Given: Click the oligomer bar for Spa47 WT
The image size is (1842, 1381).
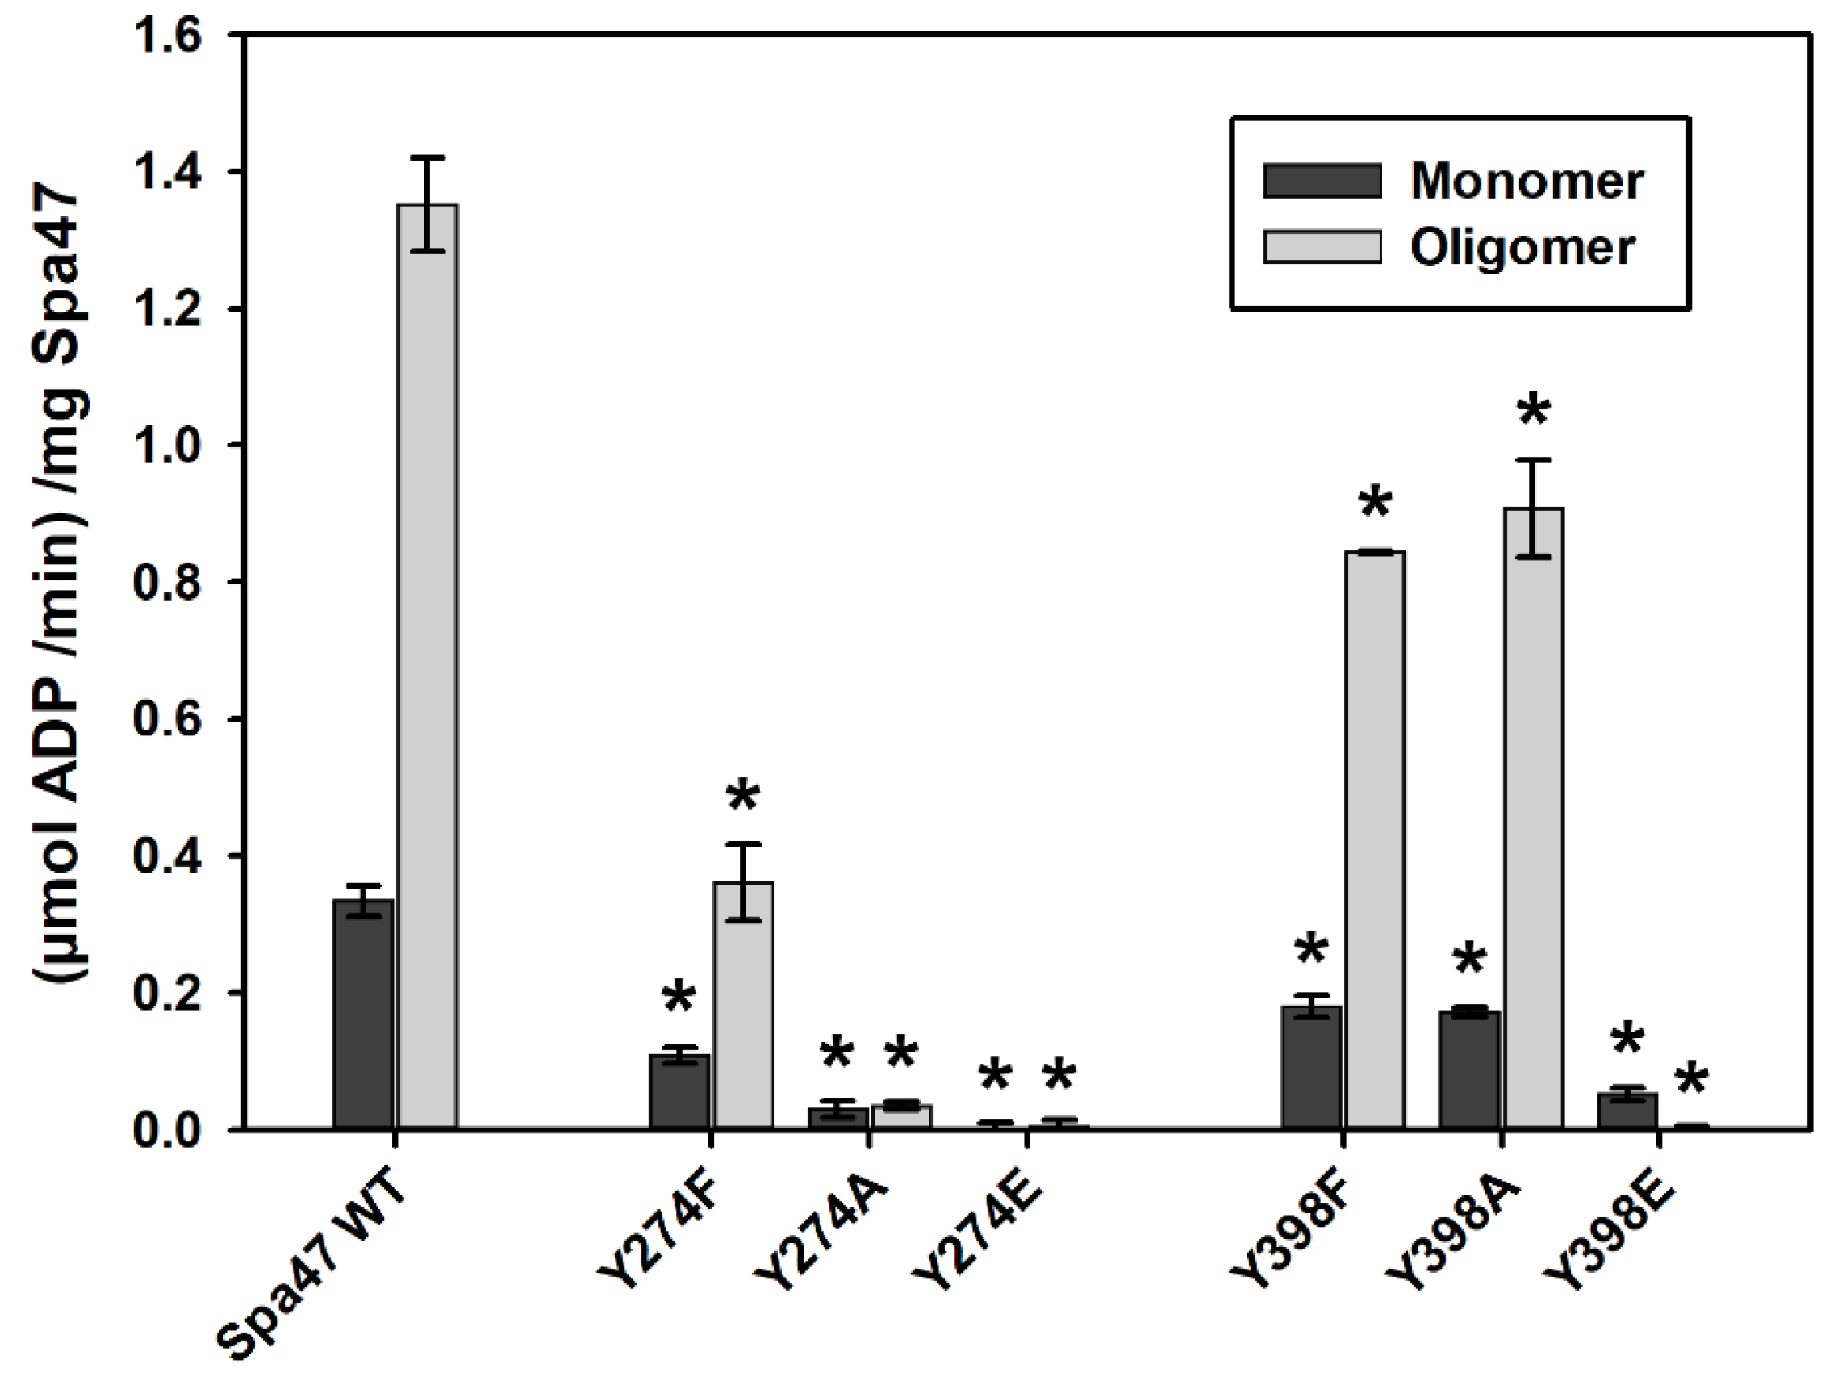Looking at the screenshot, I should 428,667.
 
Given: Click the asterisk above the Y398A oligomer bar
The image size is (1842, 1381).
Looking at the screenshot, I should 1533,412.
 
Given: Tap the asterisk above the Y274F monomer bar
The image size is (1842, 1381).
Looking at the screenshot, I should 679,997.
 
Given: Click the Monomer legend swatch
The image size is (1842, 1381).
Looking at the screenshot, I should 1322,180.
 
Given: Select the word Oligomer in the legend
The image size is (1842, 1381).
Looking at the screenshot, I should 1522,247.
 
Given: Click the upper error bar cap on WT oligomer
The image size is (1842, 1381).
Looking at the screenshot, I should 428,157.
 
